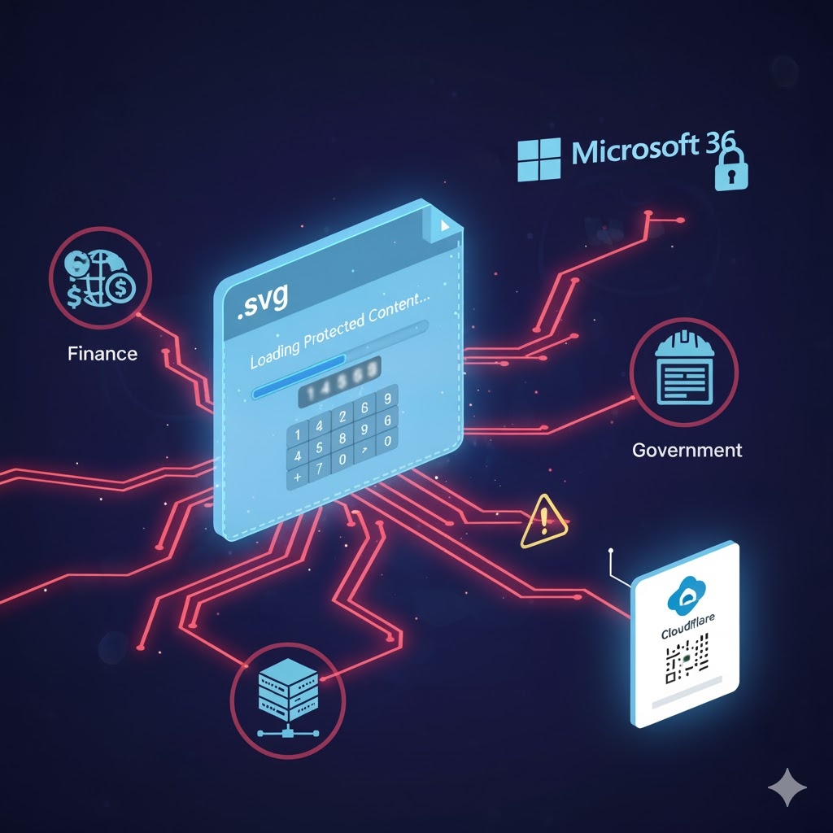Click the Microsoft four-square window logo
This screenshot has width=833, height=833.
540,159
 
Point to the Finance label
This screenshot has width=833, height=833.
102,354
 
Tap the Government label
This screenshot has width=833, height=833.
687,449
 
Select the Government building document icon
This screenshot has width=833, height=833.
683,371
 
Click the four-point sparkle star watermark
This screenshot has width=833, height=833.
787,788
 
